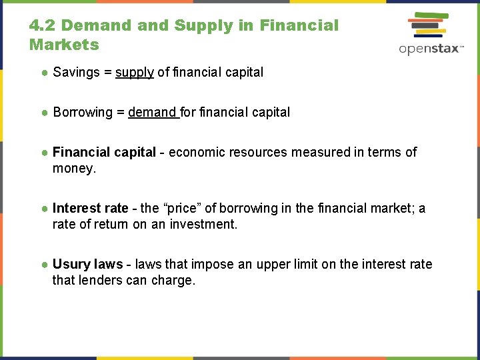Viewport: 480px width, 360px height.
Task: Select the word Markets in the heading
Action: (x=64, y=45)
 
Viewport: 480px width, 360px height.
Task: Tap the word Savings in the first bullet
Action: (x=75, y=72)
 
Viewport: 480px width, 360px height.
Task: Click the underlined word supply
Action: (x=135, y=72)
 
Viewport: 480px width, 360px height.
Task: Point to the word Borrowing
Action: (x=83, y=112)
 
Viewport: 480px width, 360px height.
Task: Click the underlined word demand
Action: (x=152, y=112)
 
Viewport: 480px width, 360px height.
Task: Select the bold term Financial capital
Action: (x=104, y=152)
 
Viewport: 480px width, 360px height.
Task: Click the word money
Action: (x=74, y=168)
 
